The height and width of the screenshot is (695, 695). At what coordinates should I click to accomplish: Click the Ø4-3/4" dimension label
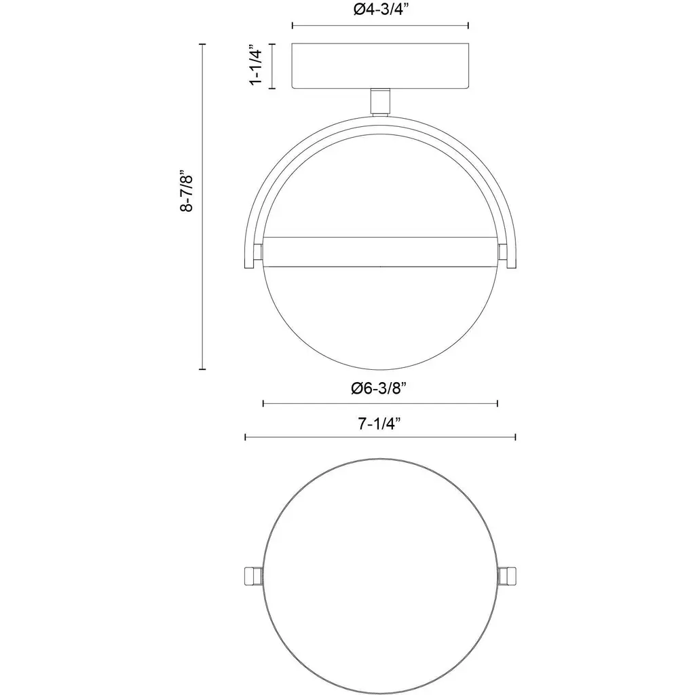(381, 10)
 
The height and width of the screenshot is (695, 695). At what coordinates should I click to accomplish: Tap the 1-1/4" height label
(256, 64)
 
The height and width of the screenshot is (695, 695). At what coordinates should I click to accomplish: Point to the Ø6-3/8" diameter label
(379, 388)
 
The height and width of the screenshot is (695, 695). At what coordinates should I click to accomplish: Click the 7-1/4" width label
(379, 424)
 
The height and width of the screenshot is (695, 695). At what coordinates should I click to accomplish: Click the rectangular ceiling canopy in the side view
(380, 66)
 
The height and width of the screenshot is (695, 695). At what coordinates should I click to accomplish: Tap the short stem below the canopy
(380, 102)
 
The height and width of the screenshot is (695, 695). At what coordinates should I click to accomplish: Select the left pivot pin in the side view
(258, 252)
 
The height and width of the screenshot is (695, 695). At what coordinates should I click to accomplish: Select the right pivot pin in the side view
(503, 252)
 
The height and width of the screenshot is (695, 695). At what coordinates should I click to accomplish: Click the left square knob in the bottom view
(254, 576)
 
